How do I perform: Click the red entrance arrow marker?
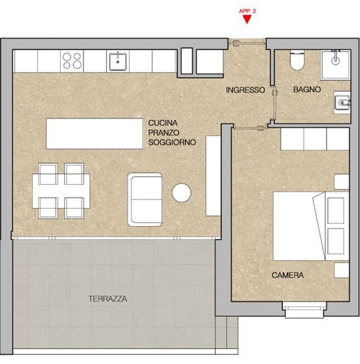(246, 19)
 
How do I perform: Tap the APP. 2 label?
(247, 11)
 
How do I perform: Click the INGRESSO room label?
(245, 90)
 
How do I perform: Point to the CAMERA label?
(288, 275)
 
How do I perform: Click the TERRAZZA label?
(107, 299)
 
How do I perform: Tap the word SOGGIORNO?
(172, 142)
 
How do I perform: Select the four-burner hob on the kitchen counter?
(72, 61)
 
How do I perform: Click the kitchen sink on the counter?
(117, 61)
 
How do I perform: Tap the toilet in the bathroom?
(297, 61)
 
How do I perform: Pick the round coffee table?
(181, 193)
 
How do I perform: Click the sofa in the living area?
(144, 199)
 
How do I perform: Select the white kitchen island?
(95, 133)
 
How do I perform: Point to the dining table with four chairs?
(60, 190)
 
